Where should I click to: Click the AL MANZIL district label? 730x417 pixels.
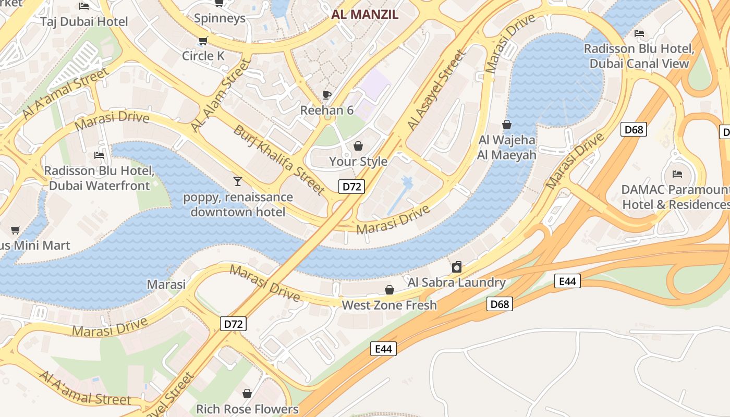coord(364,15)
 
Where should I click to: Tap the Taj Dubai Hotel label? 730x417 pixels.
coord(84,21)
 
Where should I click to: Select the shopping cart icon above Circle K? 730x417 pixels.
coord(203,41)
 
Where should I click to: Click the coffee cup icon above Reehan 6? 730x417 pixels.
coord(327,95)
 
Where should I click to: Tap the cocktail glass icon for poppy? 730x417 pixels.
coord(238,181)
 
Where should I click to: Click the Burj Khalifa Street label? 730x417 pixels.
coord(279,160)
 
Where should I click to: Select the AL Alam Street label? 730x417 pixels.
coord(220,95)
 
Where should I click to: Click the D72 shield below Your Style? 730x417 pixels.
coord(351,187)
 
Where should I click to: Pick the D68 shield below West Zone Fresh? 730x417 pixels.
coord(500,304)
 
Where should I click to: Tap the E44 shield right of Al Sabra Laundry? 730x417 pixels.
coord(567,281)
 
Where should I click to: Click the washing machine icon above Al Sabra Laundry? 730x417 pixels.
coord(457,267)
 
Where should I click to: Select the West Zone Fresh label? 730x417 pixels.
coord(389,305)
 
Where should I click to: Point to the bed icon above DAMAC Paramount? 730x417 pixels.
coord(677,174)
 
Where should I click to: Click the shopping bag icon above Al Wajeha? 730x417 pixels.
coord(506,125)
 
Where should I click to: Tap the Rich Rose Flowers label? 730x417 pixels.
coord(247,409)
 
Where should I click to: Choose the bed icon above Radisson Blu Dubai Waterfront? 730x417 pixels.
coord(99,155)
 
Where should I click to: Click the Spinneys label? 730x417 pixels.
coord(220,18)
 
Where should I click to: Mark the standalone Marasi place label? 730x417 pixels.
coord(166,284)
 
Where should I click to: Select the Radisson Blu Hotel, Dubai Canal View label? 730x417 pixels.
coord(639,56)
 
